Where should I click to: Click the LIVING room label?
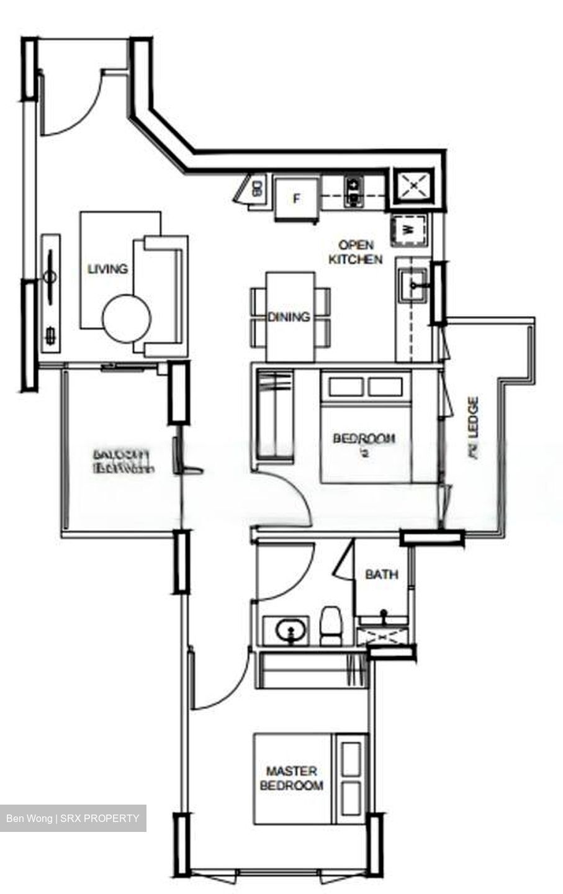(x=107, y=269)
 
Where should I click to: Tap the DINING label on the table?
(x=289, y=317)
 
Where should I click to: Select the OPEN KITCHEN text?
(x=356, y=252)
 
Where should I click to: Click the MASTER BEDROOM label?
(x=291, y=779)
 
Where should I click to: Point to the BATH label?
(x=381, y=574)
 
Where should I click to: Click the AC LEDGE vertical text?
(x=473, y=428)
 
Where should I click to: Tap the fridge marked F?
(x=297, y=199)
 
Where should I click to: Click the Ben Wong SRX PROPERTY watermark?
(x=73, y=818)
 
